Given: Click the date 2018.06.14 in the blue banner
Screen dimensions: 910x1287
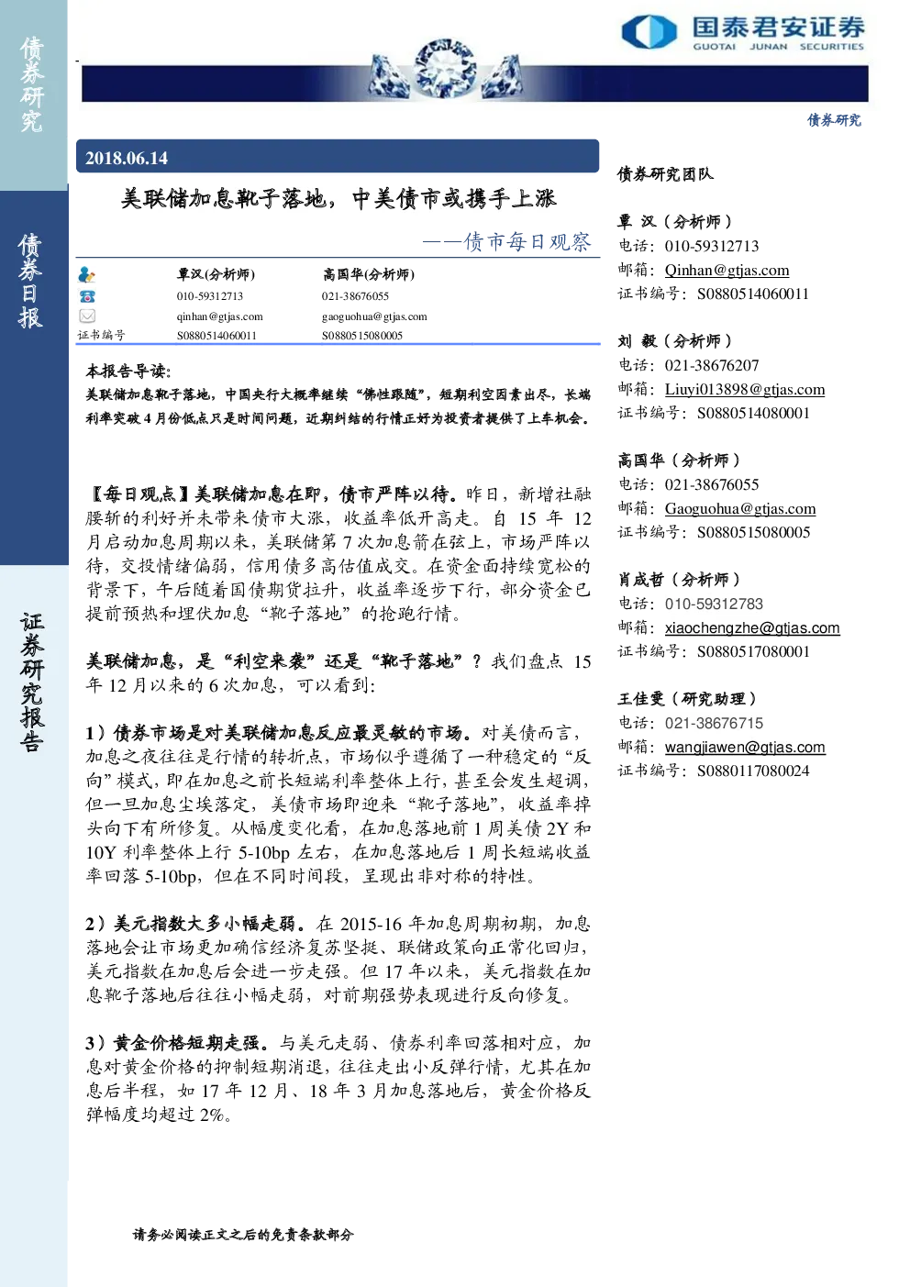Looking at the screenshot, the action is tap(127, 158).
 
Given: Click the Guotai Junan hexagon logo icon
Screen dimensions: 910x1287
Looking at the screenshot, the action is tap(649, 31).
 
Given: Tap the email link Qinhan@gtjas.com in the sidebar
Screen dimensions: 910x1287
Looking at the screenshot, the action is tap(727, 270).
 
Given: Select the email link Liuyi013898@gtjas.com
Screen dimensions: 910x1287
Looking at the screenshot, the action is tap(745, 390).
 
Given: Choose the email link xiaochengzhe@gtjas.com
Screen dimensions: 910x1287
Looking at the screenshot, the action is tap(752, 628).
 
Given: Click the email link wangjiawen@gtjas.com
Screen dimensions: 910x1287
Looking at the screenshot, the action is tap(745, 747).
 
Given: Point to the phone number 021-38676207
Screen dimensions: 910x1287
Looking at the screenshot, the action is tap(712, 365).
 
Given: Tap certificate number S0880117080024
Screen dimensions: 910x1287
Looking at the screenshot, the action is tap(753, 771).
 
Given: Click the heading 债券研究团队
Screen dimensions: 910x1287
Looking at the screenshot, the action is tap(665, 174).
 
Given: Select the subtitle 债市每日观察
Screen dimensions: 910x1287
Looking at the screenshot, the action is tap(527, 242).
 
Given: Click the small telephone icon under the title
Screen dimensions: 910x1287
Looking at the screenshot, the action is tap(87, 296).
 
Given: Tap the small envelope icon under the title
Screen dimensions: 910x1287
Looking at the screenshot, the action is tap(87, 316).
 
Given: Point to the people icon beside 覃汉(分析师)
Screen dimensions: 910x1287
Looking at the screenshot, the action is tap(87, 275).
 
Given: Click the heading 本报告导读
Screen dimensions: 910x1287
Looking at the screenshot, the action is tap(128, 372).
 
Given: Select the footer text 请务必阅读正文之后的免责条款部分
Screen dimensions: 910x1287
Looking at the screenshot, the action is tap(243, 1234).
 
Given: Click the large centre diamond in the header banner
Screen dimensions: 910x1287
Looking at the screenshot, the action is tap(445, 69).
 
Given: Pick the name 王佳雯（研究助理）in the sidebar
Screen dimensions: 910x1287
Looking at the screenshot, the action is tap(687, 699).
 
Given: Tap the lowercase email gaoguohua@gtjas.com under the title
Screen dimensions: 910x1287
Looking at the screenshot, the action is tap(374, 316).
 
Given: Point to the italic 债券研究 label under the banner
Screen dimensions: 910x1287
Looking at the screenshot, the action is tap(834, 120).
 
